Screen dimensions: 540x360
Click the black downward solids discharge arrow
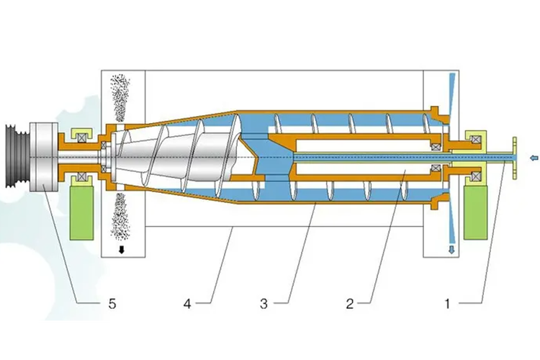[x=121, y=250]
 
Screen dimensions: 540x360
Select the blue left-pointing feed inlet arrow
[x=534, y=158]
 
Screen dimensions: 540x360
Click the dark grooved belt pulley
[x=18, y=158]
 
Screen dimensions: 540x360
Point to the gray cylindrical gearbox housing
[x=44, y=157]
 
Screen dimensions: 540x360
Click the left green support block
[x=81, y=212]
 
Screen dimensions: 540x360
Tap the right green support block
[x=476, y=212]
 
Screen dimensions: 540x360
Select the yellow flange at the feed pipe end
[x=514, y=158]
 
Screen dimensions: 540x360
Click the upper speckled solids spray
[x=120, y=98]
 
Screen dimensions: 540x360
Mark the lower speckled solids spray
[x=120, y=216]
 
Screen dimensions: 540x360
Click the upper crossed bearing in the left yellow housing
[x=81, y=138]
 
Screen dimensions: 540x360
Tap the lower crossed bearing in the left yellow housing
[x=81, y=176]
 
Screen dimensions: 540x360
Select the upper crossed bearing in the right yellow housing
[x=477, y=140]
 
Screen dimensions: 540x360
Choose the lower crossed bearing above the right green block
[x=477, y=176]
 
